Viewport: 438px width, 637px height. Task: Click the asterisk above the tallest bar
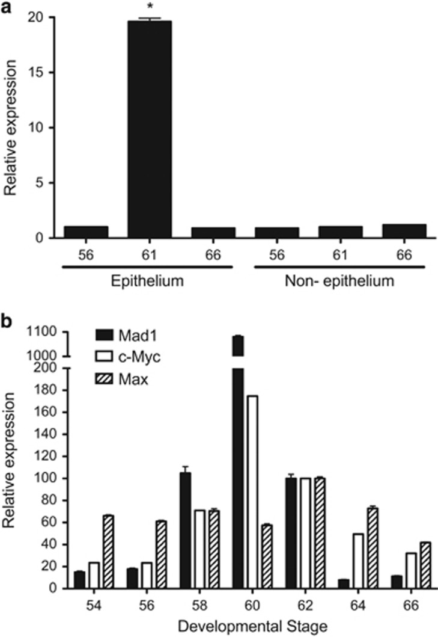(x=147, y=11)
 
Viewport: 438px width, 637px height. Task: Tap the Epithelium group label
(x=147, y=282)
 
